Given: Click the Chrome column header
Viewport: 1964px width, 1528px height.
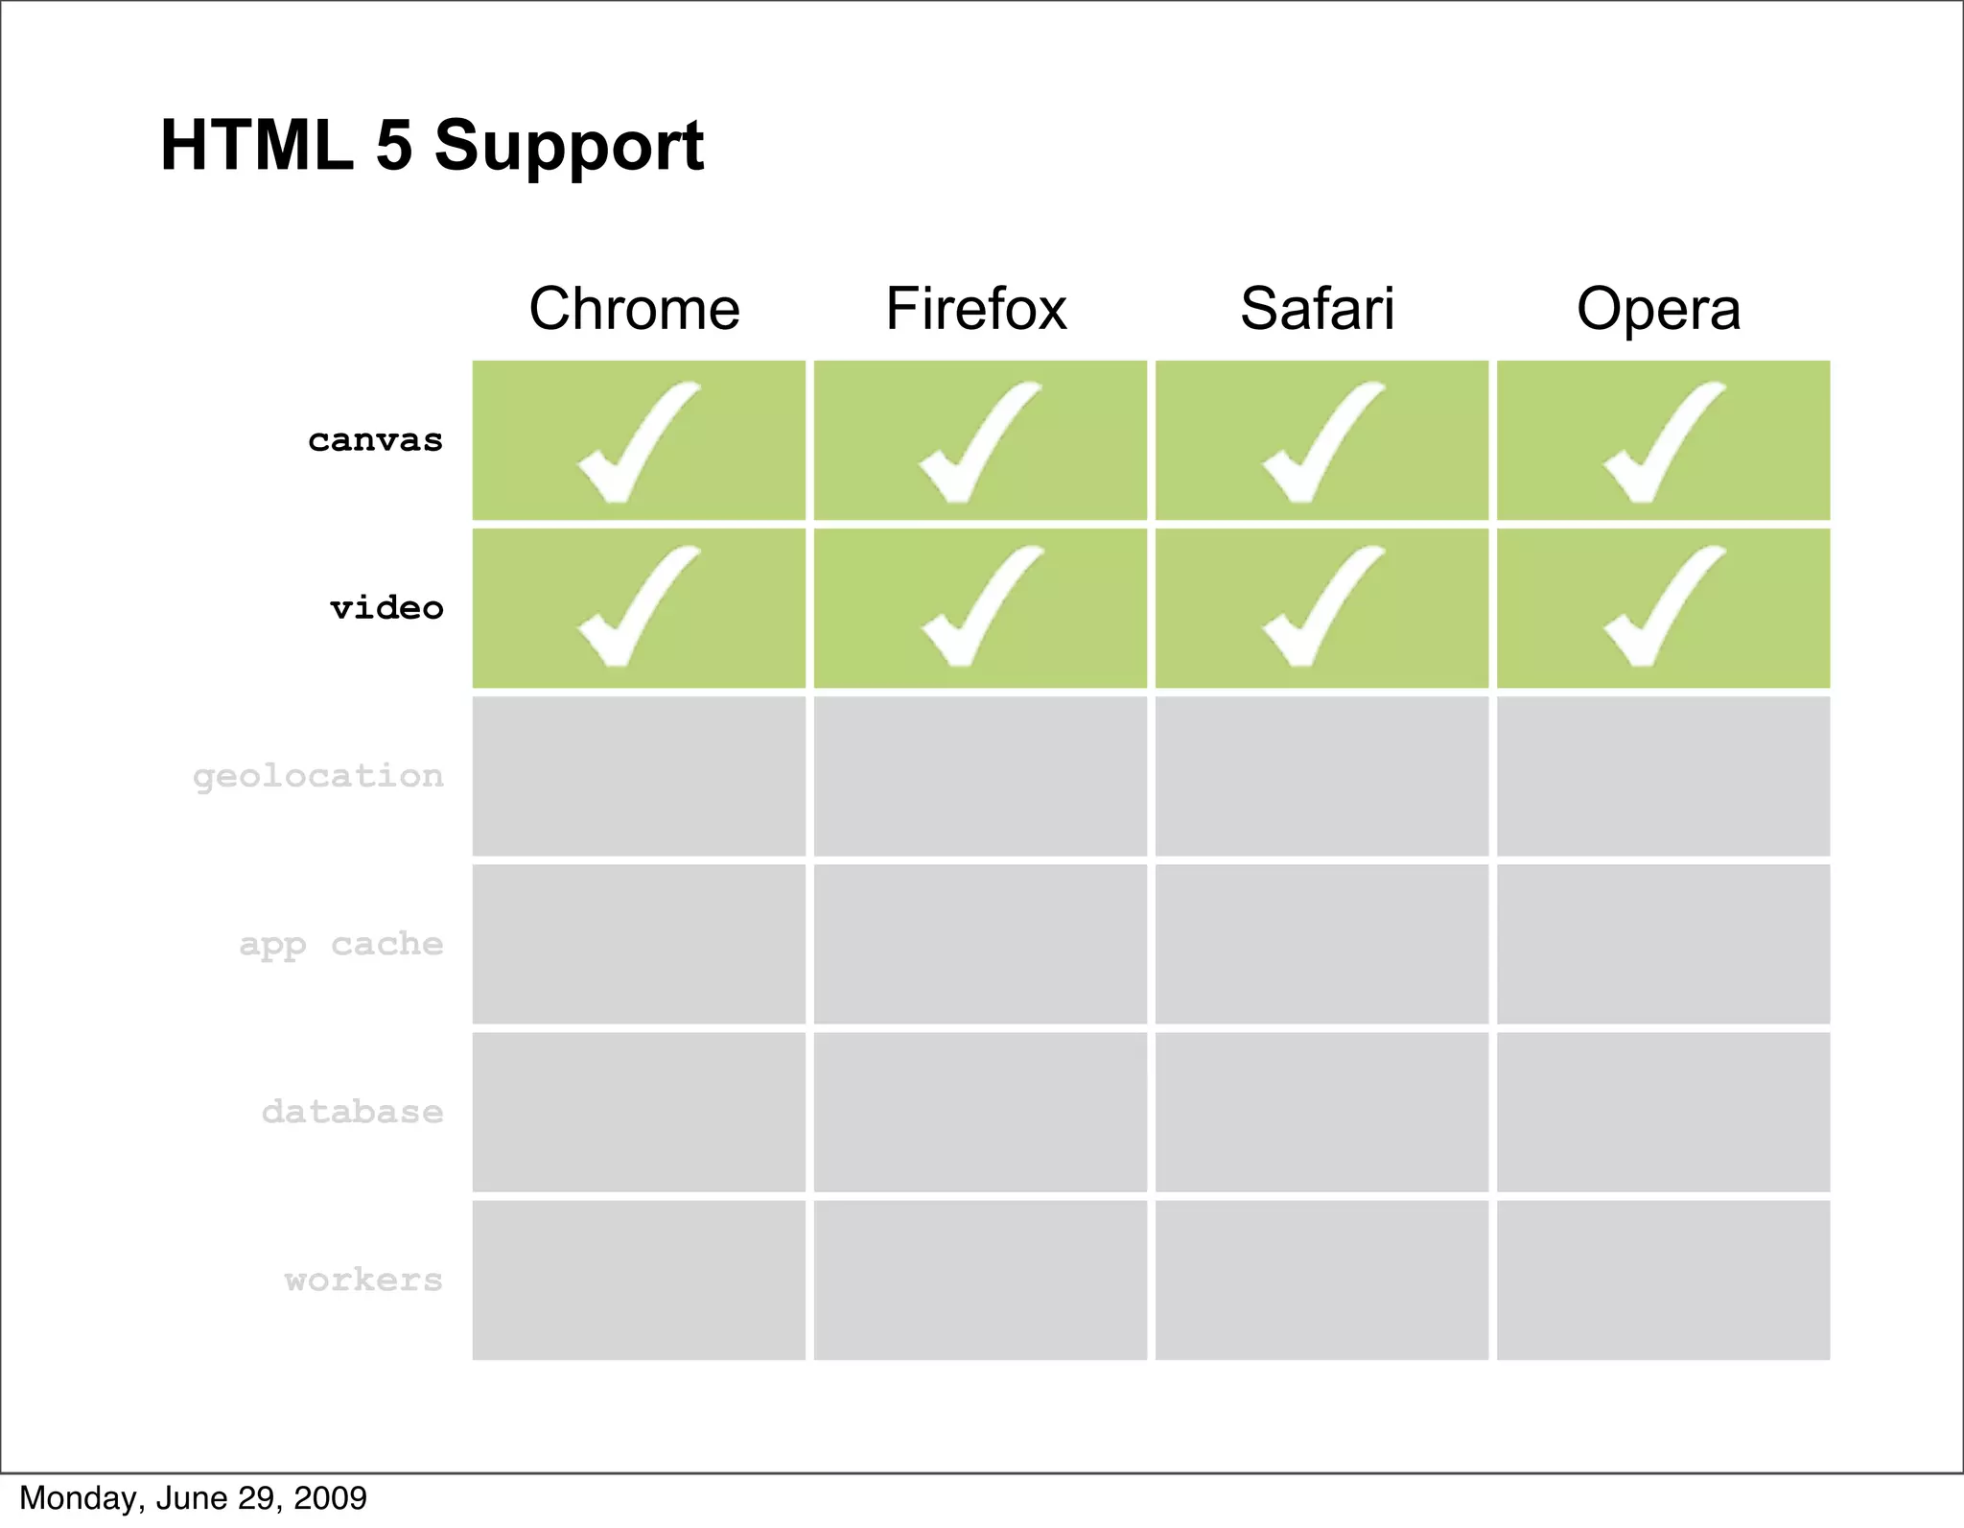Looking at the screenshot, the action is coord(634,309).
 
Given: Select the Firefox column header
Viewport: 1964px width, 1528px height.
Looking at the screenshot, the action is coord(975,309).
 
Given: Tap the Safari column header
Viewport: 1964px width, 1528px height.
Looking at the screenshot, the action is coord(1317,309).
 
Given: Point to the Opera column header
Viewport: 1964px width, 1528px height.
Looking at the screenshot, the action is coord(1658,309).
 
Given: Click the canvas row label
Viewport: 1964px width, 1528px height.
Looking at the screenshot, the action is coord(375,440).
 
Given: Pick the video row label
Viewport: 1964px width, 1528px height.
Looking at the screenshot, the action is coord(386,608).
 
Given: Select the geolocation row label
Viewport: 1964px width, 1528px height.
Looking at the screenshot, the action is coord(317,776).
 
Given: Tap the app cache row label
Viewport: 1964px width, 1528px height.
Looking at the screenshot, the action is coord(340,944).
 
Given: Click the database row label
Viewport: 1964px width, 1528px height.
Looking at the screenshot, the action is coord(352,1112).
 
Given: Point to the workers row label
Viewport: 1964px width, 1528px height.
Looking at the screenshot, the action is coord(363,1280).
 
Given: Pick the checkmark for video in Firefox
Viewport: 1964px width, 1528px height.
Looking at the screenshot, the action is coord(978,608).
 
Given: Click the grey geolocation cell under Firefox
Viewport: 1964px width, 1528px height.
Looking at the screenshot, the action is coord(980,776).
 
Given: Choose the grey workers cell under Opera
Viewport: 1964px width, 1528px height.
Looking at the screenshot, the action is coord(1663,1280).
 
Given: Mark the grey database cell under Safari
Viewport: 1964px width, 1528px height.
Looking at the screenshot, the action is coord(1321,1112).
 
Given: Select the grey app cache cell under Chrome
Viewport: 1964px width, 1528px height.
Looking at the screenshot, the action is coord(639,944).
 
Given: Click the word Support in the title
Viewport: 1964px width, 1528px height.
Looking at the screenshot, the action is coord(569,146).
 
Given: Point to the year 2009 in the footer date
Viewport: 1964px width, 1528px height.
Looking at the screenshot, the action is coord(330,1498).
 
